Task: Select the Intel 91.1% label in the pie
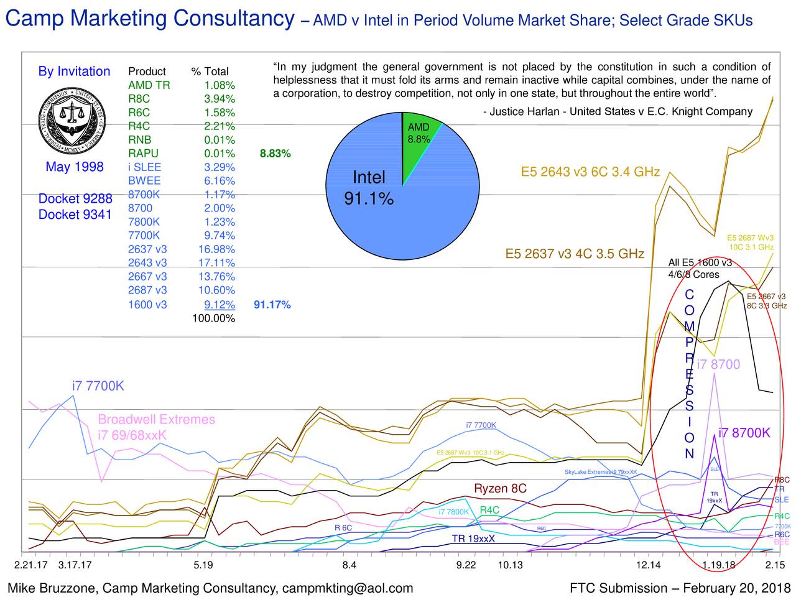369,188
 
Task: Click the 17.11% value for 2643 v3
216,263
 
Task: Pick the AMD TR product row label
149,85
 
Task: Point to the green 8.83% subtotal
275,154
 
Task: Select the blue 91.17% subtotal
272,305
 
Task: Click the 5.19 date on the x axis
203,565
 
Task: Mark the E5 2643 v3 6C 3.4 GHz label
590,172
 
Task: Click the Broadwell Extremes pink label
156,420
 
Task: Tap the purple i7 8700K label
744,433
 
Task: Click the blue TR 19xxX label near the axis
473,539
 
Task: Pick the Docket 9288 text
75,199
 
